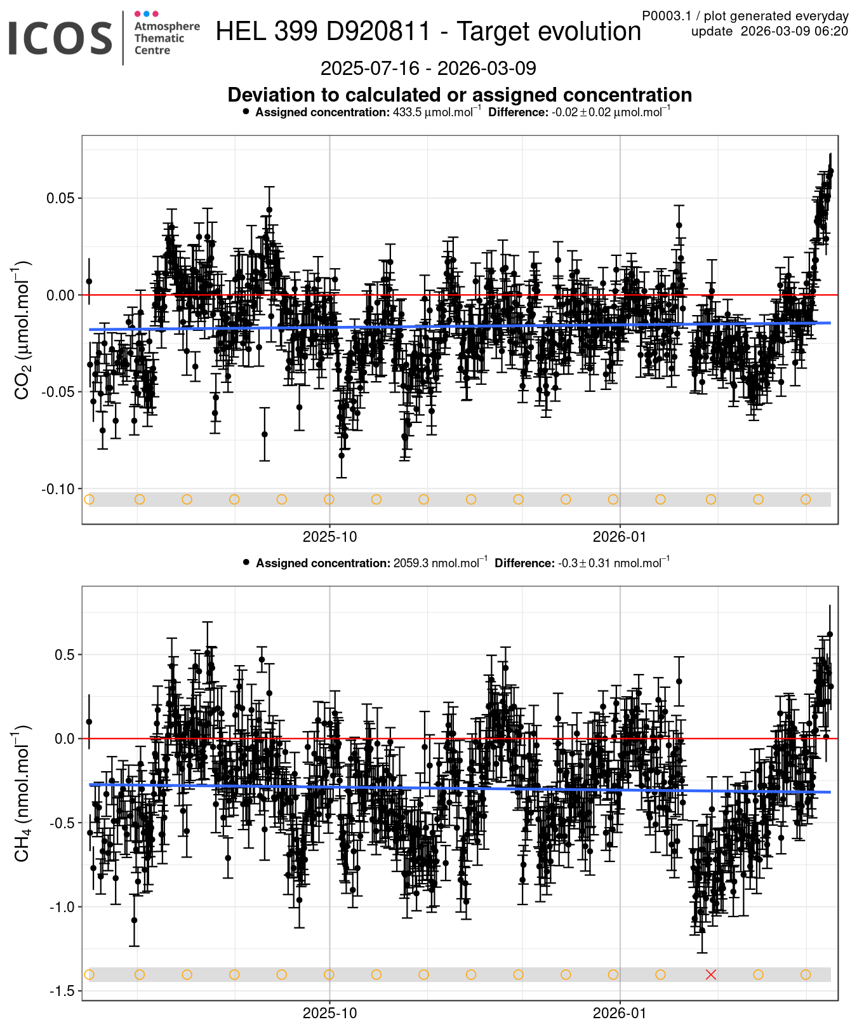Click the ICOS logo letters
[60, 38]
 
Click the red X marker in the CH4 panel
[711, 974]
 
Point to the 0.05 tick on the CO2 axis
[60, 198]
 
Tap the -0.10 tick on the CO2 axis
[58, 489]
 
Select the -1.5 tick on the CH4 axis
[62, 992]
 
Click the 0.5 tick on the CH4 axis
[63, 655]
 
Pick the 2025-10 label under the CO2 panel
[329, 537]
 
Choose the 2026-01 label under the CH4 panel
[620, 1013]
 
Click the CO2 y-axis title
[22, 330]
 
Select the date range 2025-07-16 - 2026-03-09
[428, 69]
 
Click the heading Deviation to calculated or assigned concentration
[460, 95]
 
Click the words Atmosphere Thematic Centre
[166, 38]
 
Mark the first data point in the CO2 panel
[89, 281]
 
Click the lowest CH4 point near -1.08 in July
[134, 920]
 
